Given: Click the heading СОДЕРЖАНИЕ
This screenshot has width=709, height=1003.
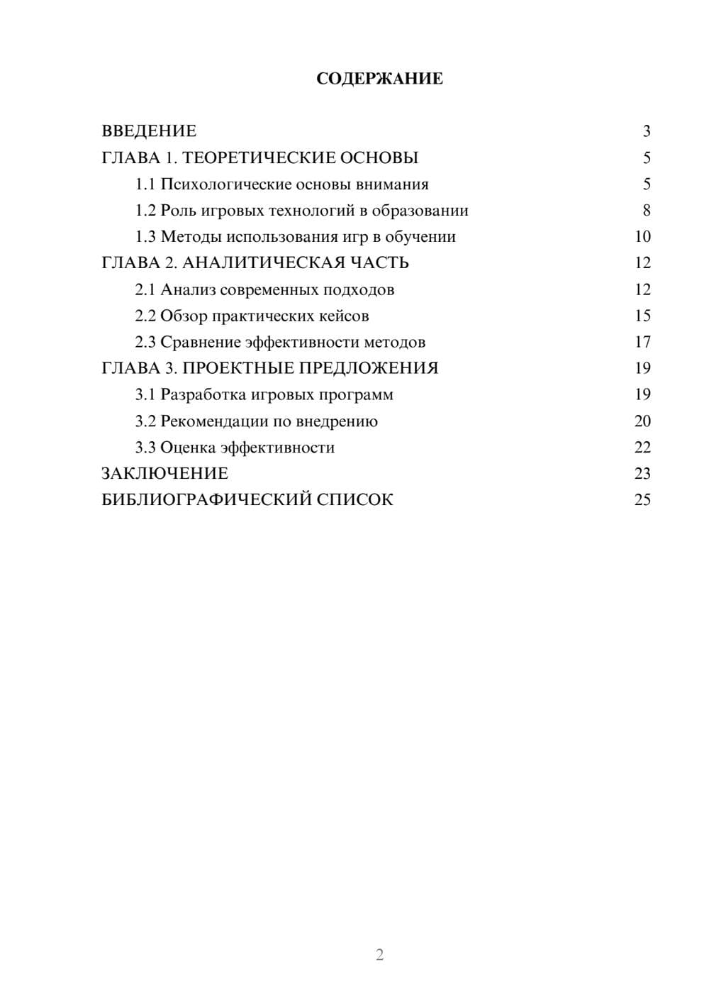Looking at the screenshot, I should (x=379, y=79).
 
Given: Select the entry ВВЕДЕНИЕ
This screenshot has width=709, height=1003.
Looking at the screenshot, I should (x=149, y=131).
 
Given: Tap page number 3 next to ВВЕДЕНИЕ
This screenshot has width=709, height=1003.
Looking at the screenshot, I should (x=646, y=131).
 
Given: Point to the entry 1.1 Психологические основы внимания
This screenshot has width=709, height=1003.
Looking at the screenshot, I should (x=282, y=184).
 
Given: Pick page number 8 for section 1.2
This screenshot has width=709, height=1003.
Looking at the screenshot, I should (x=646, y=211).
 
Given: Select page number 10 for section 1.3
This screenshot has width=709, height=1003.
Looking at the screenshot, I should (x=642, y=237).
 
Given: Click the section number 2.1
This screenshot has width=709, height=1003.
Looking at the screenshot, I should (x=145, y=289).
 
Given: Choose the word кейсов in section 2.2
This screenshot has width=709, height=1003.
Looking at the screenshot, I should (x=345, y=316).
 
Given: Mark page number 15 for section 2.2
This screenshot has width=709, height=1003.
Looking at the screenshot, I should (x=642, y=316).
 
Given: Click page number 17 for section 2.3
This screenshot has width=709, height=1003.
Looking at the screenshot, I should (x=642, y=342).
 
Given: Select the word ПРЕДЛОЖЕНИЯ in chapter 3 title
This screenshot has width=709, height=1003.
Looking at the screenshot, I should (x=369, y=368).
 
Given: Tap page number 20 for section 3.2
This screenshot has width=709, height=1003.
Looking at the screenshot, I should (x=642, y=421).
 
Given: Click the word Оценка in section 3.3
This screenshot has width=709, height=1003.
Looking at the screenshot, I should (x=188, y=448).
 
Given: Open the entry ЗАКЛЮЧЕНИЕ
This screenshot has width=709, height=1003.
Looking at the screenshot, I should (x=164, y=474).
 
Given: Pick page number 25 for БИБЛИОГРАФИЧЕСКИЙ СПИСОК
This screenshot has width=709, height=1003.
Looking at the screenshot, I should (x=642, y=500).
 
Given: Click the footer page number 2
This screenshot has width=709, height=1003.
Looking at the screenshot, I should (x=379, y=955).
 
